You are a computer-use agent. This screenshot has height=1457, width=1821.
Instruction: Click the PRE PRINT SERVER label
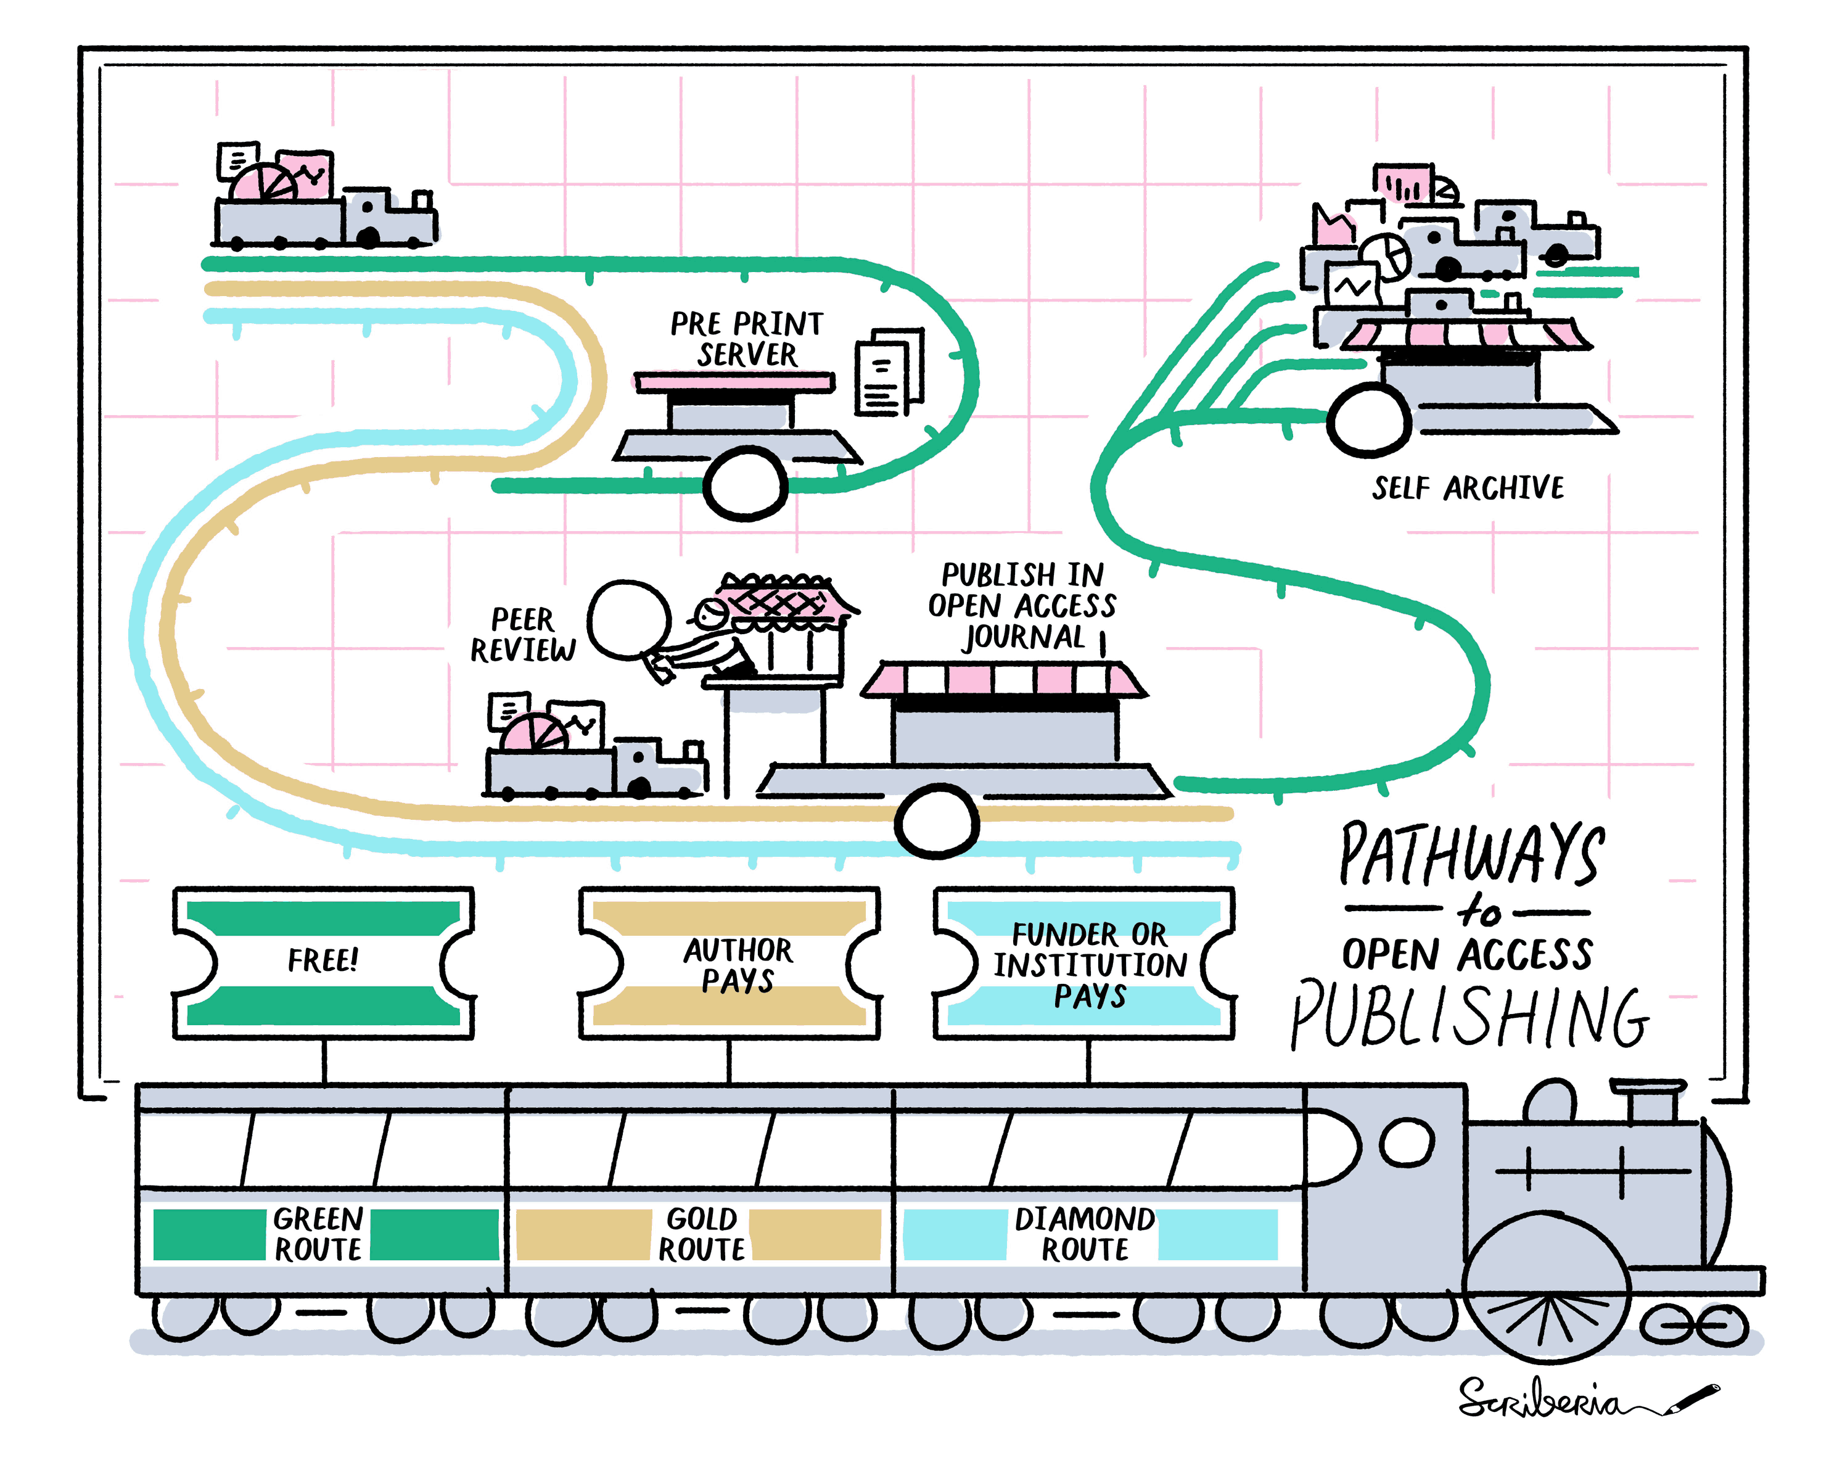pyautogui.click(x=747, y=339)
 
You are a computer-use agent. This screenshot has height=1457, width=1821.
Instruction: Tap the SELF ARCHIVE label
pyautogui.click(x=1467, y=488)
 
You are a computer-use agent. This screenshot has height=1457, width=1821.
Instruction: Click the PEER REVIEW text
pyautogui.click(x=523, y=634)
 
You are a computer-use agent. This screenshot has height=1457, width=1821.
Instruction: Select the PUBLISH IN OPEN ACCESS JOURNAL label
pyautogui.click(x=1022, y=606)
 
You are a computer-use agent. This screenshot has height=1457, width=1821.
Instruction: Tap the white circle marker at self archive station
pyautogui.click(x=1368, y=420)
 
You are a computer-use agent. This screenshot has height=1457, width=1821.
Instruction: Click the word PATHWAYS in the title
pyautogui.click(x=1471, y=855)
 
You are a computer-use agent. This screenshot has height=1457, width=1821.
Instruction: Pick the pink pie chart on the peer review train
pyautogui.click(x=534, y=732)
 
